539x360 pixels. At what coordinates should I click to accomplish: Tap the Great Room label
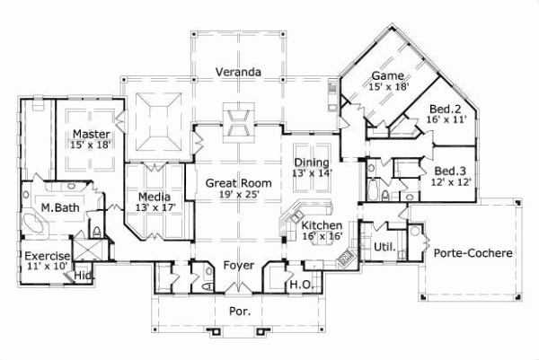pos(238,182)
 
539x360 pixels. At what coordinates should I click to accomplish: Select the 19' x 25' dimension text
pos(238,195)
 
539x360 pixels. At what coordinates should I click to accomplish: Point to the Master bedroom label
pos(91,134)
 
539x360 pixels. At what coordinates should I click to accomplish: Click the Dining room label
pos(312,162)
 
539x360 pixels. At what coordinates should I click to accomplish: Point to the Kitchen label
pos(322,224)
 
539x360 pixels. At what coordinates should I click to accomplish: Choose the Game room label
pos(387,75)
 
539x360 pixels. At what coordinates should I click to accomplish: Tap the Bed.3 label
pos(449,170)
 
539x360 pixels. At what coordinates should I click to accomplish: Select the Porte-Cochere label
pos(473,253)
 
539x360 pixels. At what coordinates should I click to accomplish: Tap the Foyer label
pos(238,265)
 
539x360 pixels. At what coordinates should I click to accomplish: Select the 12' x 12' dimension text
pos(449,182)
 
